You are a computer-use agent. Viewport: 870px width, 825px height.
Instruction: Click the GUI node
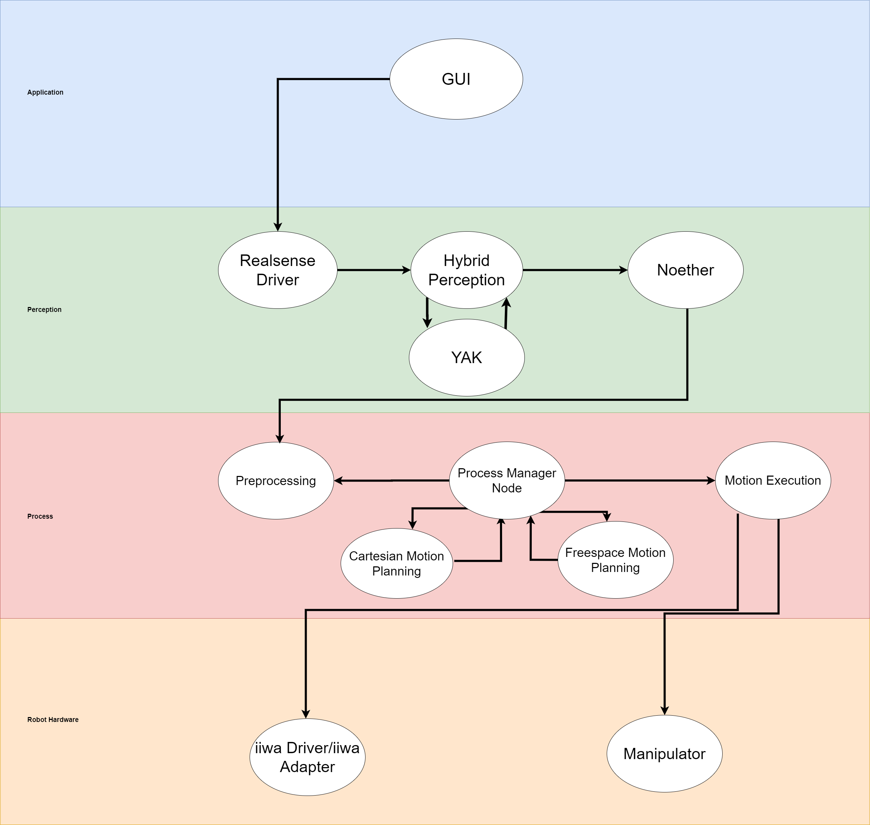click(456, 79)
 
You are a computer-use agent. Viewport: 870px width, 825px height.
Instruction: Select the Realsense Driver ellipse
click(278, 270)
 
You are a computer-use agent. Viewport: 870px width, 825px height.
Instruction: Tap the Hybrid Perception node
click(467, 270)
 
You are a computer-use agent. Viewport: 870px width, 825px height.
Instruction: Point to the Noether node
click(685, 270)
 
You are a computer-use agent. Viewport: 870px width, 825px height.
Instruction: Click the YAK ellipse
click(467, 357)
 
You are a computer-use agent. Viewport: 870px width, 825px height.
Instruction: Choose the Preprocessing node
click(276, 480)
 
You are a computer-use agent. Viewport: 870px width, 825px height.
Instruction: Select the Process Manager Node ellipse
click(507, 480)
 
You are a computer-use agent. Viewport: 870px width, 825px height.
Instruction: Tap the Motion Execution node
click(773, 480)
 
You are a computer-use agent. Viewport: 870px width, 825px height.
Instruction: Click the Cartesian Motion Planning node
click(397, 563)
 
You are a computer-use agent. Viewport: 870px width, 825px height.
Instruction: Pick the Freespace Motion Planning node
click(615, 560)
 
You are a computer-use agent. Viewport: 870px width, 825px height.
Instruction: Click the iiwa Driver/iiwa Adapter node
click(307, 757)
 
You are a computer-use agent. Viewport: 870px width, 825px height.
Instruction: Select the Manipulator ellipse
click(664, 754)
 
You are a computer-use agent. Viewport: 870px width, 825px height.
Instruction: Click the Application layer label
click(45, 93)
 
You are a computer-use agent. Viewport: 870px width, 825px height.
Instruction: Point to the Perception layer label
click(44, 309)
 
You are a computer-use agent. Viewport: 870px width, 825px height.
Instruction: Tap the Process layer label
click(40, 516)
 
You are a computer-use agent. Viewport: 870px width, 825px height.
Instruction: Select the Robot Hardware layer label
click(53, 720)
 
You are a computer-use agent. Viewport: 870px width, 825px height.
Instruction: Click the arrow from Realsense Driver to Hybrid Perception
click(374, 270)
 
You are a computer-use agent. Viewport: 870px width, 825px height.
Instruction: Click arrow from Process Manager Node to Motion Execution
click(639, 480)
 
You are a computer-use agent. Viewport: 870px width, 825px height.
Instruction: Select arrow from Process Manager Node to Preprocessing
click(391, 480)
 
